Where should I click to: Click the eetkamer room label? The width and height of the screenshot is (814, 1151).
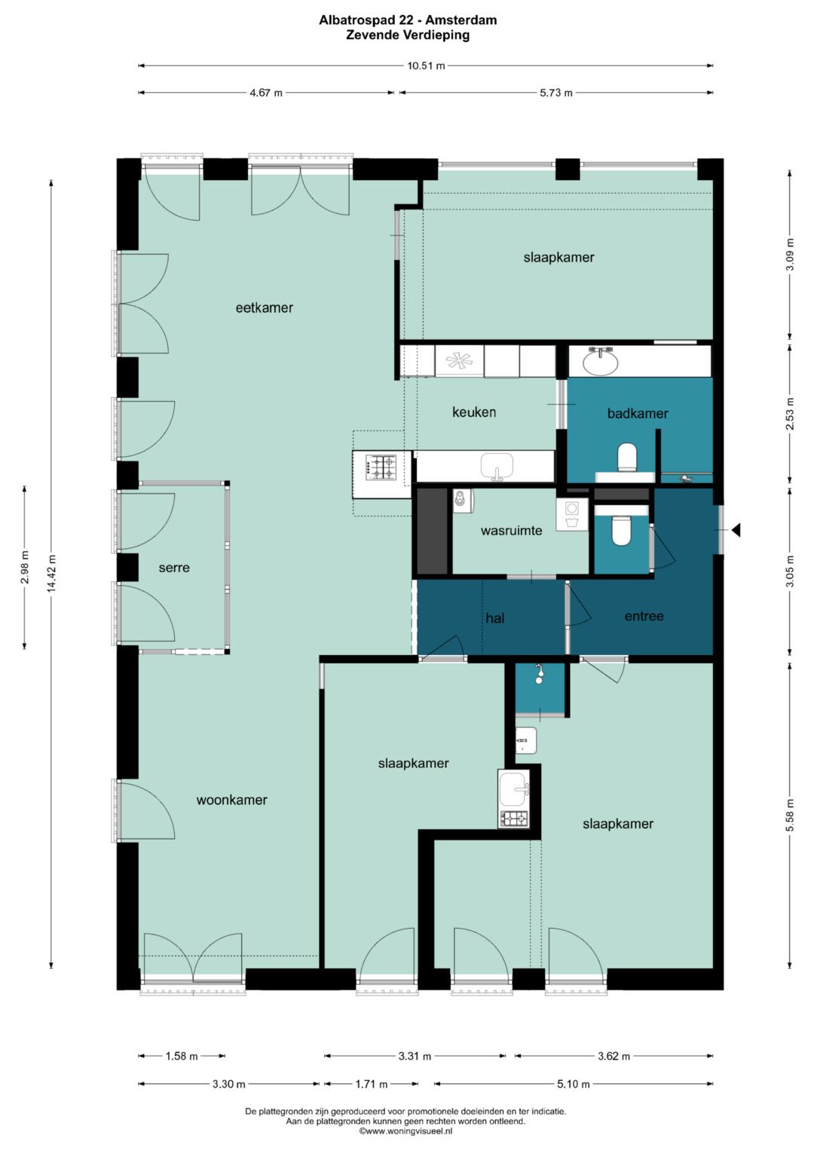pos(264,308)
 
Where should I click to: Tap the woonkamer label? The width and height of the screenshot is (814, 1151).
pos(232,800)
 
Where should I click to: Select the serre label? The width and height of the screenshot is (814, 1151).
pos(174,568)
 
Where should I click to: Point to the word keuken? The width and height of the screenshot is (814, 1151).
pos(474,412)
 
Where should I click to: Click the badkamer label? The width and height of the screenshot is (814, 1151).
pos(638,413)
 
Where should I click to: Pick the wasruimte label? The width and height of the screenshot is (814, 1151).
pos(511,531)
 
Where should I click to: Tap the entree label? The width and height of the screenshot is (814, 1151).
pos(644,616)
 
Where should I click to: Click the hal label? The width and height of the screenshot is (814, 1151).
pos(495,617)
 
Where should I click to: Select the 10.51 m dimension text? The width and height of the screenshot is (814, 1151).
pos(426,66)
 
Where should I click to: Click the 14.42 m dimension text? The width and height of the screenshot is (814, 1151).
pos(51,574)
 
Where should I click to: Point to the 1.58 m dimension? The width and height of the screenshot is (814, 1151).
pos(182,1057)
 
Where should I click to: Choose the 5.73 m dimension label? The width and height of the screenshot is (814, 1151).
pos(556,93)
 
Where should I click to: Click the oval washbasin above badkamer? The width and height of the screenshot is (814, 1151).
pos(600,363)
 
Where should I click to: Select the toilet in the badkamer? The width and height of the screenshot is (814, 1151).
pos(627,458)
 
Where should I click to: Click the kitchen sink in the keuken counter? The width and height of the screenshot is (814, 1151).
pos(497,467)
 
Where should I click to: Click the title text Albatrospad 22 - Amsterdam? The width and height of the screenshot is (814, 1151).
pos(408,20)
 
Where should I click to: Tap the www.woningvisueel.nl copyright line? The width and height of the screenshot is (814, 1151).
pos(406,1131)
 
